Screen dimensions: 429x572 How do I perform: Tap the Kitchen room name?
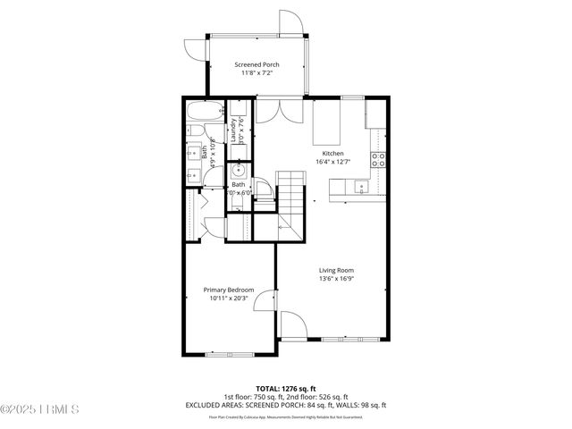point(333,153)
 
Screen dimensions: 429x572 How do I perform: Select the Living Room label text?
point(337,270)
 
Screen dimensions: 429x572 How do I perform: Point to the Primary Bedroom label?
point(229,290)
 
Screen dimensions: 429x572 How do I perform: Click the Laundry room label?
point(234,130)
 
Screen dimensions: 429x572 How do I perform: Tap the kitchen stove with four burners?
point(378,160)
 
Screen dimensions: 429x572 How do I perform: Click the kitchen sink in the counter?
point(360,187)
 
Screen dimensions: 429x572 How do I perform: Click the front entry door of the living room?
point(294,325)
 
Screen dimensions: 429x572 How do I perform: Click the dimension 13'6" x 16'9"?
point(337,279)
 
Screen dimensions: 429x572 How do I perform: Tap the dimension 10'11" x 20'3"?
point(229,299)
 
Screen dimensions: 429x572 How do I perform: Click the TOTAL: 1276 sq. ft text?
point(285,389)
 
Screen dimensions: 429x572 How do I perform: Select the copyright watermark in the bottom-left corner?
point(40,410)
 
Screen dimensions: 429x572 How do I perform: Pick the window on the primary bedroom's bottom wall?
point(230,354)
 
